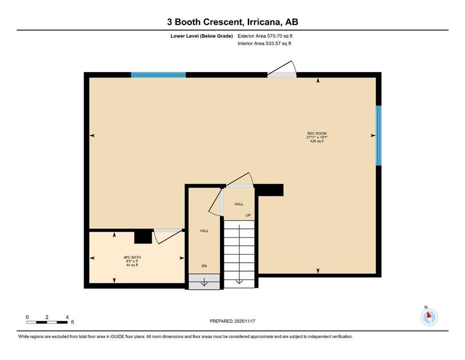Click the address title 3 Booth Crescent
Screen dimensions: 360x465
(232, 22)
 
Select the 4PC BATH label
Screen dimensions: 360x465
(132, 257)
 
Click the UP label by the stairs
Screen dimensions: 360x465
(248, 215)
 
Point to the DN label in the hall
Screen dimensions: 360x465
(204, 266)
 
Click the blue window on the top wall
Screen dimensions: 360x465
(158, 75)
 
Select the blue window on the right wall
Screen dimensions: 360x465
(378, 135)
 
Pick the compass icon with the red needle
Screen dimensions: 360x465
(428, 317)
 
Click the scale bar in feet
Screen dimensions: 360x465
(47, 322)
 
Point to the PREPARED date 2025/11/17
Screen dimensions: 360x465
(232, 321)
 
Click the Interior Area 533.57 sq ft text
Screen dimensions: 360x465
(264, 44)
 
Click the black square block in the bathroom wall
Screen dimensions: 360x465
(143, 237)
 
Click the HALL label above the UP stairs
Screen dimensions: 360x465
(239, 204)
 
